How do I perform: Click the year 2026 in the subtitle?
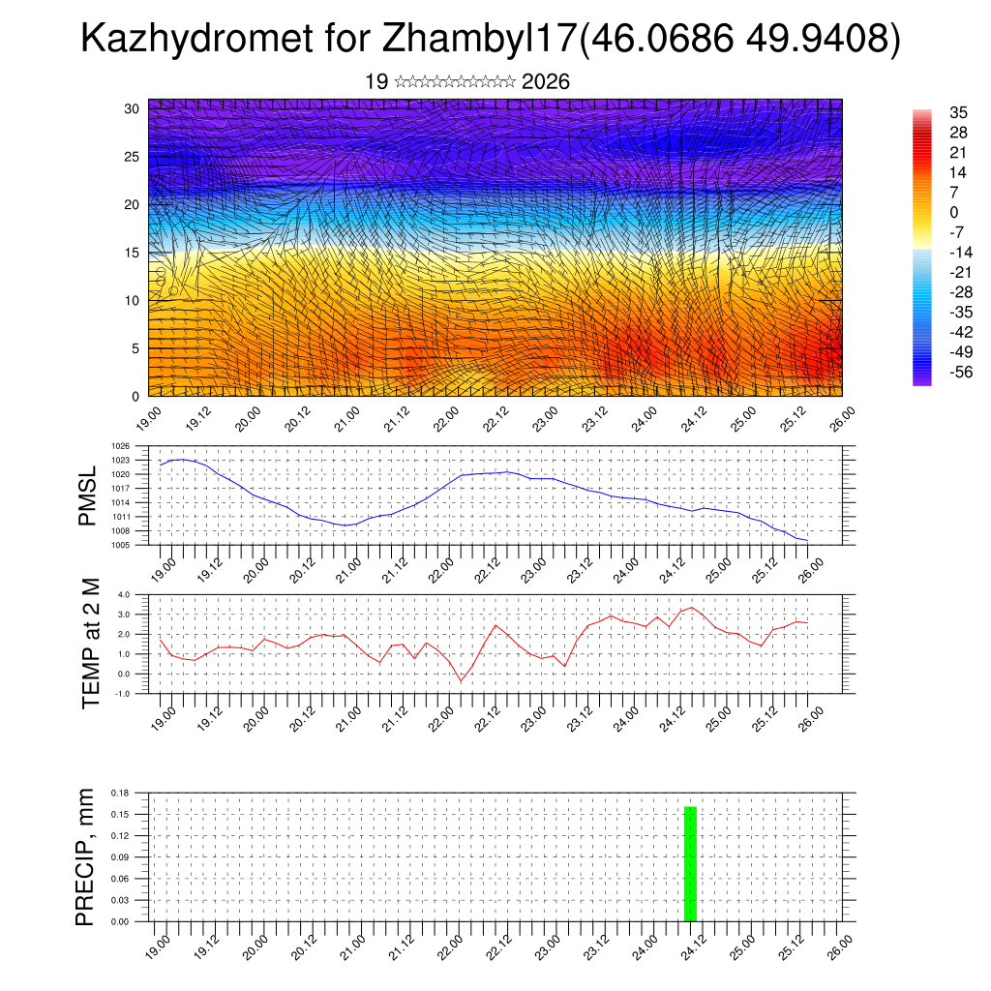pyautogui.click(x=545, y=82)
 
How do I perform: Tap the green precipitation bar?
pyautogui.click(x=690, y=863)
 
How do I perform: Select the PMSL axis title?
pyautogui.click(x=88, y=495)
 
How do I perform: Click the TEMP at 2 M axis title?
pyautogui.click(x=90, y=644)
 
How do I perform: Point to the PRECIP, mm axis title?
pyautogui.click(x=86, y=856)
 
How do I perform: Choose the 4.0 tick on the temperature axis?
pyautogui.click(x=124, y=594)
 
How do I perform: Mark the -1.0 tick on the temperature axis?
pyautogui.click(x=123, y=694)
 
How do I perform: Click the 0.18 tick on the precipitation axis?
pyautogui.click(x=120, y=793)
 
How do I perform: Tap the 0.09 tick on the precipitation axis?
pyautogui.click(x=120, y=857)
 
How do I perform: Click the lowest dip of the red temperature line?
pyautogui.click(x=461, y=681)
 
